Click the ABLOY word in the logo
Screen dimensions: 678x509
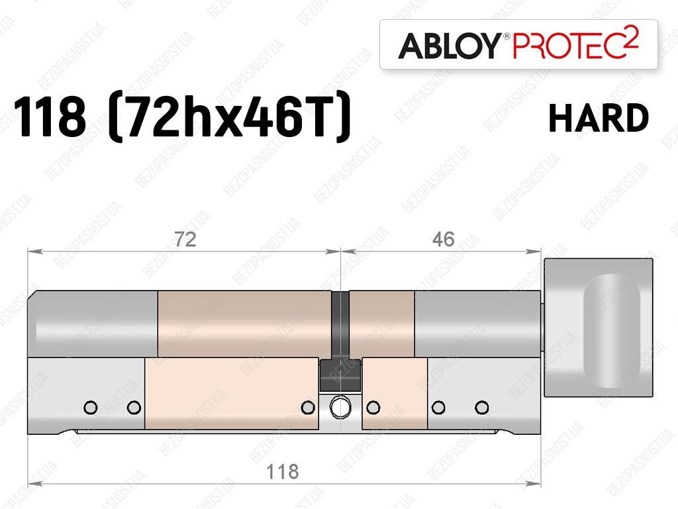point(450,46)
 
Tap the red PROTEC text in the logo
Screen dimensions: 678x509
point(569,46)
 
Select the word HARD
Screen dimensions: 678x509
point(599,118)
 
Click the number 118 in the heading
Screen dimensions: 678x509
point(50,116)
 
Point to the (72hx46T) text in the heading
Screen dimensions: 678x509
point(230,116)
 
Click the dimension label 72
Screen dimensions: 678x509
point(185,240)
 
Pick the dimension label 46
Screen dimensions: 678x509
point(443,240)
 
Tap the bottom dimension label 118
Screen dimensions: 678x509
point(282,471)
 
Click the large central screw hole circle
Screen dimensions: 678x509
point(340,407)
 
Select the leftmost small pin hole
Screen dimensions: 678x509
point(91,408)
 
